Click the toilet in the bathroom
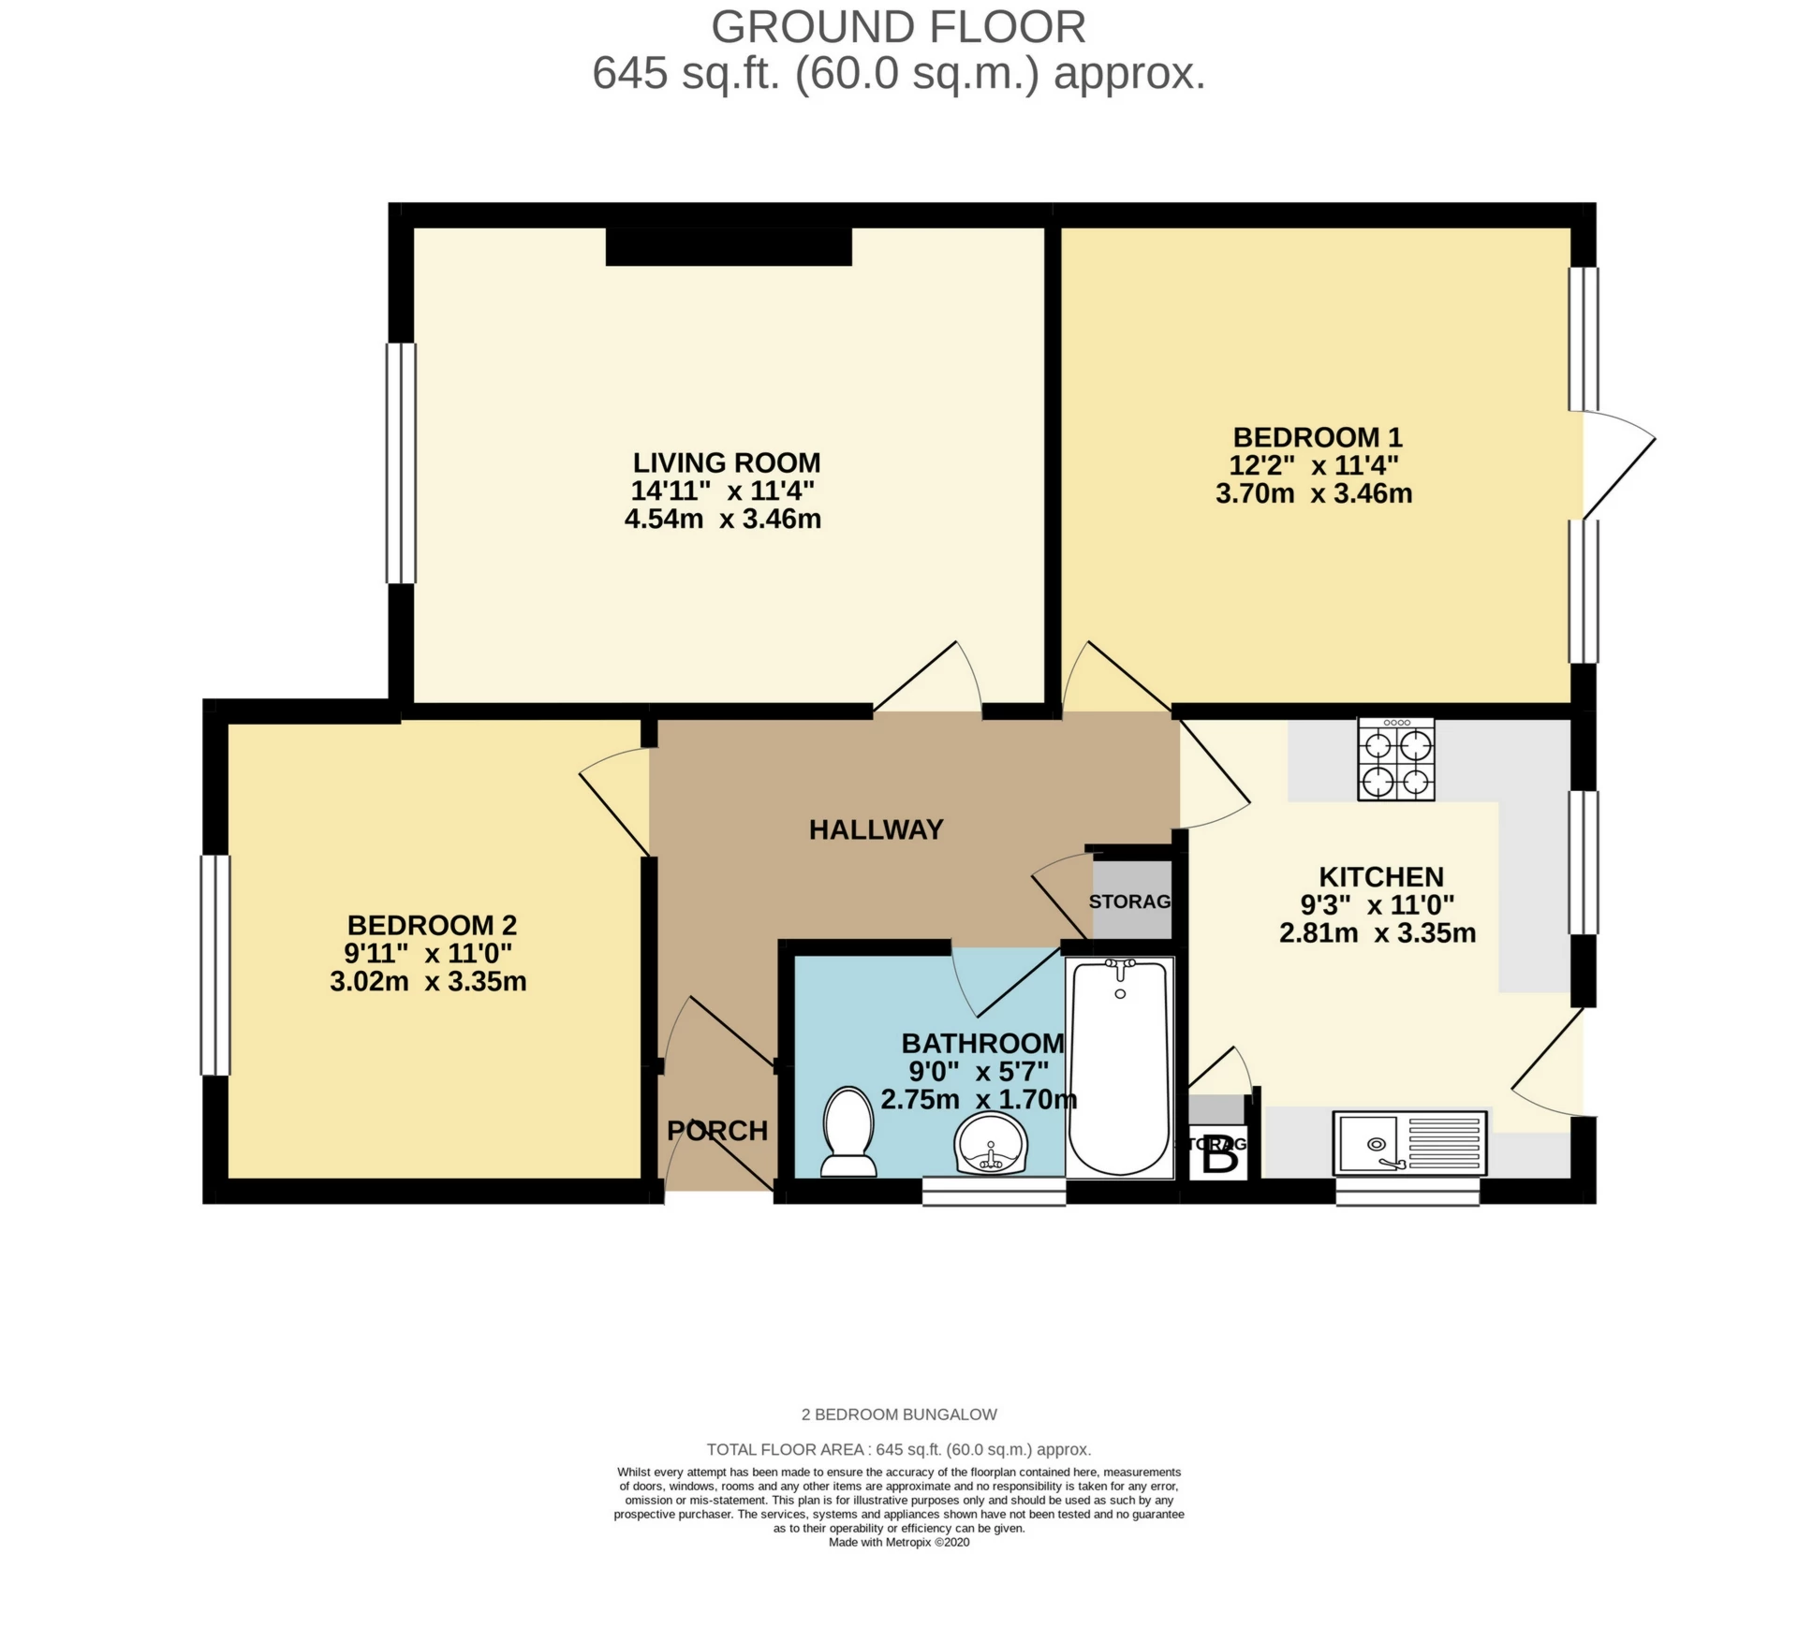[848, 1132]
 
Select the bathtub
[1120, 1067]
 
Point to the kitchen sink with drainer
[1409, 1142]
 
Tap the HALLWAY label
[876, 829]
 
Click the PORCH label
[717, 1131]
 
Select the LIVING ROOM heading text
[727, 462]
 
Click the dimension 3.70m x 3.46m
[1314, 493]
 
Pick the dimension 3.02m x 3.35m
[428, 981]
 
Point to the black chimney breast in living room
[729, 247]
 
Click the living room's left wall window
[401, 462]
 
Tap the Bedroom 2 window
[215, 964]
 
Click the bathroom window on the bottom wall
[994, 1192]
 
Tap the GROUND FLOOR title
[898, 27]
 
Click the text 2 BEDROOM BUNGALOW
[899, 1414]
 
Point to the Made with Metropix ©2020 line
[899, 1543]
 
